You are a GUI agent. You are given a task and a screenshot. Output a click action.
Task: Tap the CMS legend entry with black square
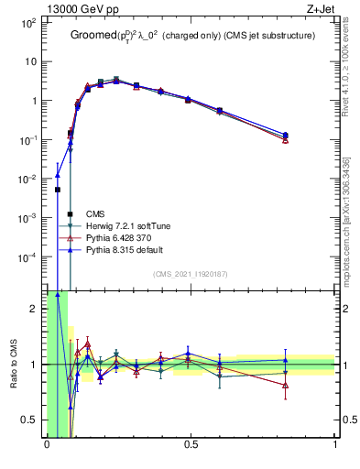[x=96, y=214]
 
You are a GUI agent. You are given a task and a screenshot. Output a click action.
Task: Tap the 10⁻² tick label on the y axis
[x=32, y=179]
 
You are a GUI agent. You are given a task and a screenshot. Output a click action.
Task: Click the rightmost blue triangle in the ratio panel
[x=286, y=360]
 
